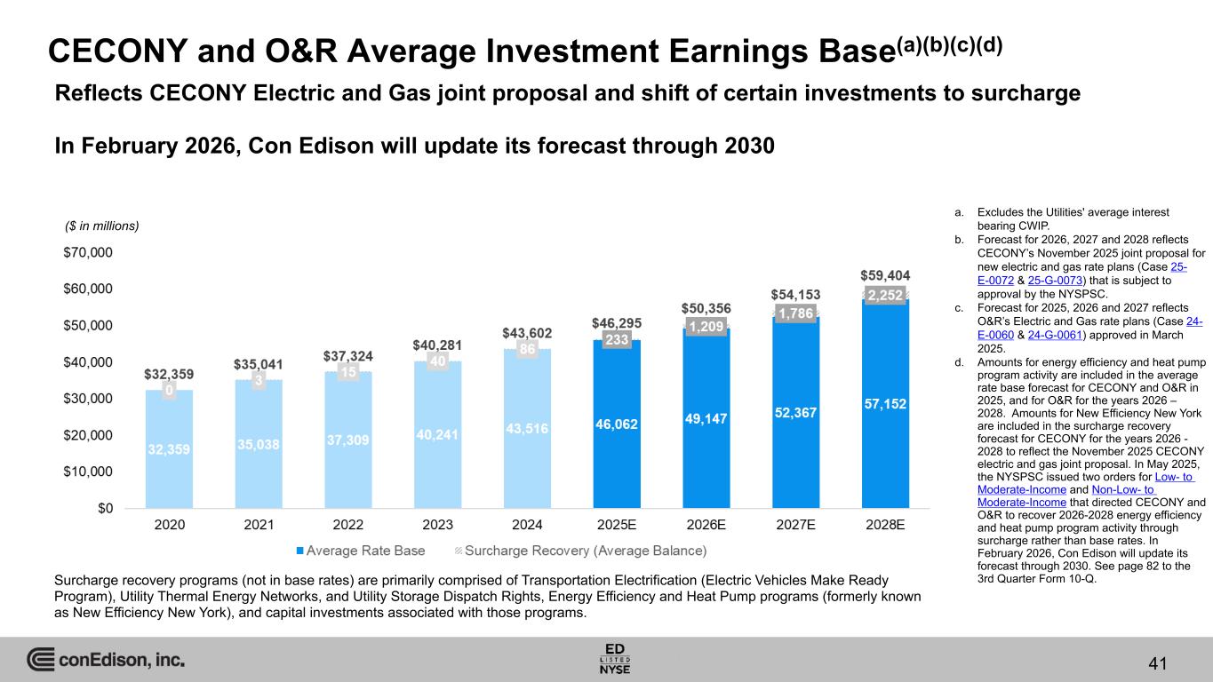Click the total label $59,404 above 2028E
pyautogui.click(x=885, y=276)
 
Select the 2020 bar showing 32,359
pyautogui.click(x=169, y=448)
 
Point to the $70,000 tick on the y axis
pyautogui.click(x=88, y=252)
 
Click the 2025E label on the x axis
pyautogui.click(x=616, y=524)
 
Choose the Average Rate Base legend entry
pyautogui.click(x=360, y=551)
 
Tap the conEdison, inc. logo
pyautogui.click(x=106, y=660)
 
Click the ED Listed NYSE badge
pyautogui.click(x=616, y=658)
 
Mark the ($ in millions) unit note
pyautogui.click(x=103, y=226)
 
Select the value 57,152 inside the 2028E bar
pyautogui.click(x=885, y=404)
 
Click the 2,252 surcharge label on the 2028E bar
pyautogui.click(x=885, y=297)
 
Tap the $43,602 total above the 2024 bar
pyautogui.click(x=527, y=333)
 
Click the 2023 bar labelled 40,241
pyautogui.click(x=437, y=435)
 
